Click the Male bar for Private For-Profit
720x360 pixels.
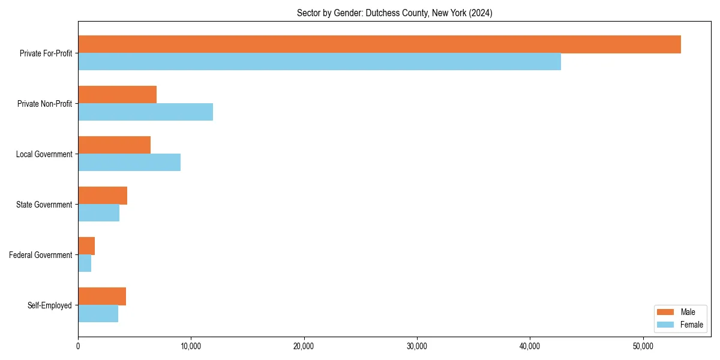point(379,44)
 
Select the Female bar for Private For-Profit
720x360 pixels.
point(319,62)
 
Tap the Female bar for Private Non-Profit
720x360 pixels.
point(145,112)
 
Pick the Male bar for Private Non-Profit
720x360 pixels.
point(117,95)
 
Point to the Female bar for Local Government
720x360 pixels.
point(129,163)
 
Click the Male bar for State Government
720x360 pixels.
point(103,196)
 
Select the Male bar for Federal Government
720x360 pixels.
point(86,246)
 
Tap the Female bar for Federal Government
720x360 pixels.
point(85,263)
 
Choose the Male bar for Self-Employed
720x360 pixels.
point(102,296)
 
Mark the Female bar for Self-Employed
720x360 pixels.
point(98,314)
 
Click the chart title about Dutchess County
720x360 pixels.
point(394,13)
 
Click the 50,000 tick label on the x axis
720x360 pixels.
point(643,346)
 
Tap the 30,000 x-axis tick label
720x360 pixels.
point(417,346)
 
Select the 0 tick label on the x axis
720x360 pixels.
point(78,346)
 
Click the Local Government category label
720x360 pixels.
point(44,154)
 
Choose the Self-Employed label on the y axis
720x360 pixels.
point(49,305)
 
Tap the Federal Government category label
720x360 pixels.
point(40,255)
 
